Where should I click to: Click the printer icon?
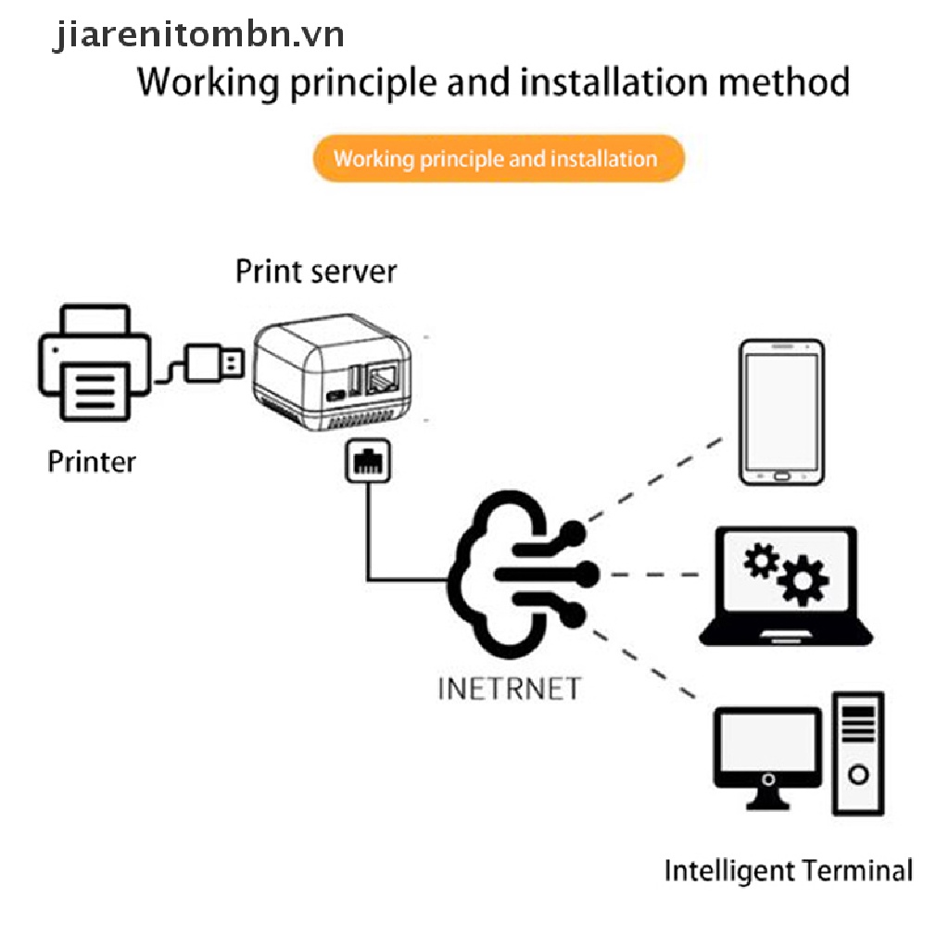95,362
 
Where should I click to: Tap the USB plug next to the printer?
214,363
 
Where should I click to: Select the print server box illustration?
333,372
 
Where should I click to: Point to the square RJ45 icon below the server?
368,462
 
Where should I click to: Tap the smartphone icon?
781,412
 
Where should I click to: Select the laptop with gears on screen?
786,586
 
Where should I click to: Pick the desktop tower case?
858,753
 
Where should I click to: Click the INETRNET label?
510,689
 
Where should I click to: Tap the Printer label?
92,462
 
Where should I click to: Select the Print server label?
316,272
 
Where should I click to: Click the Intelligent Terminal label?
789,871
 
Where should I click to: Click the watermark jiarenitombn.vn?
198,34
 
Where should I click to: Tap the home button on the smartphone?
781,476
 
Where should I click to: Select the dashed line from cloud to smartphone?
655,479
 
